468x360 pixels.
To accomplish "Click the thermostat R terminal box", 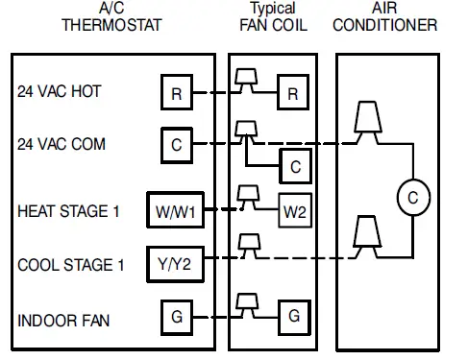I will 176,93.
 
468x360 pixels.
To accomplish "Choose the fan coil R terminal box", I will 294,93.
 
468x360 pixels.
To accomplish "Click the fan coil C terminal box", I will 294,166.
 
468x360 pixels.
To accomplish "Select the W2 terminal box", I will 294,210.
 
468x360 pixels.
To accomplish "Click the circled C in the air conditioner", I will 412,197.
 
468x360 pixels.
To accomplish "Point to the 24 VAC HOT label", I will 60,92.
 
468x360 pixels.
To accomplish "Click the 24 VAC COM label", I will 62,144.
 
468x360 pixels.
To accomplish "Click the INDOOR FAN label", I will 62,315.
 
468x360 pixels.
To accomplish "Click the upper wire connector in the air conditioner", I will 366,118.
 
